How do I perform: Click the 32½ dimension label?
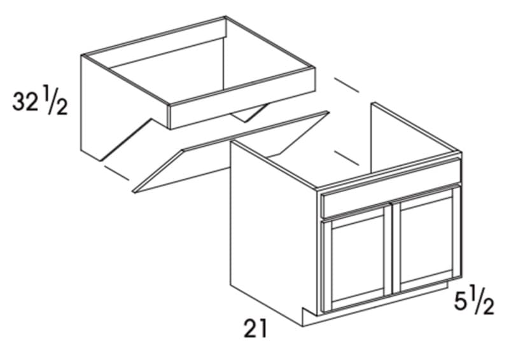coord(40,103)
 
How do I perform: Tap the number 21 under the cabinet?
coord(255,328)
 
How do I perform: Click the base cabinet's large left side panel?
coord(274,231)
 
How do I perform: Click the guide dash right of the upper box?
coord(347,85)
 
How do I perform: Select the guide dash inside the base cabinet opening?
coord(347,158)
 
